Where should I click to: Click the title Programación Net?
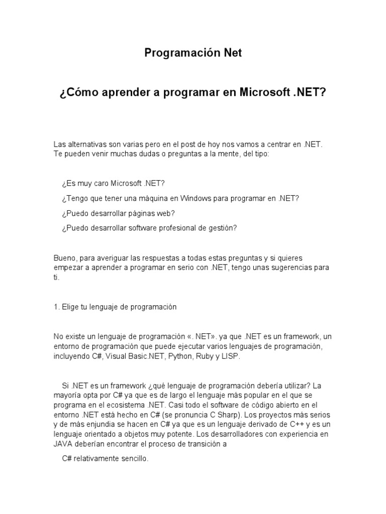click(x=194, y=53)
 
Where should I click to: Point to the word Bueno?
click(x=64, y=258)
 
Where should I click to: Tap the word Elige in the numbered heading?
click(x=69, y=307)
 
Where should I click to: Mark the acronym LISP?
click(x=229, y=356)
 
